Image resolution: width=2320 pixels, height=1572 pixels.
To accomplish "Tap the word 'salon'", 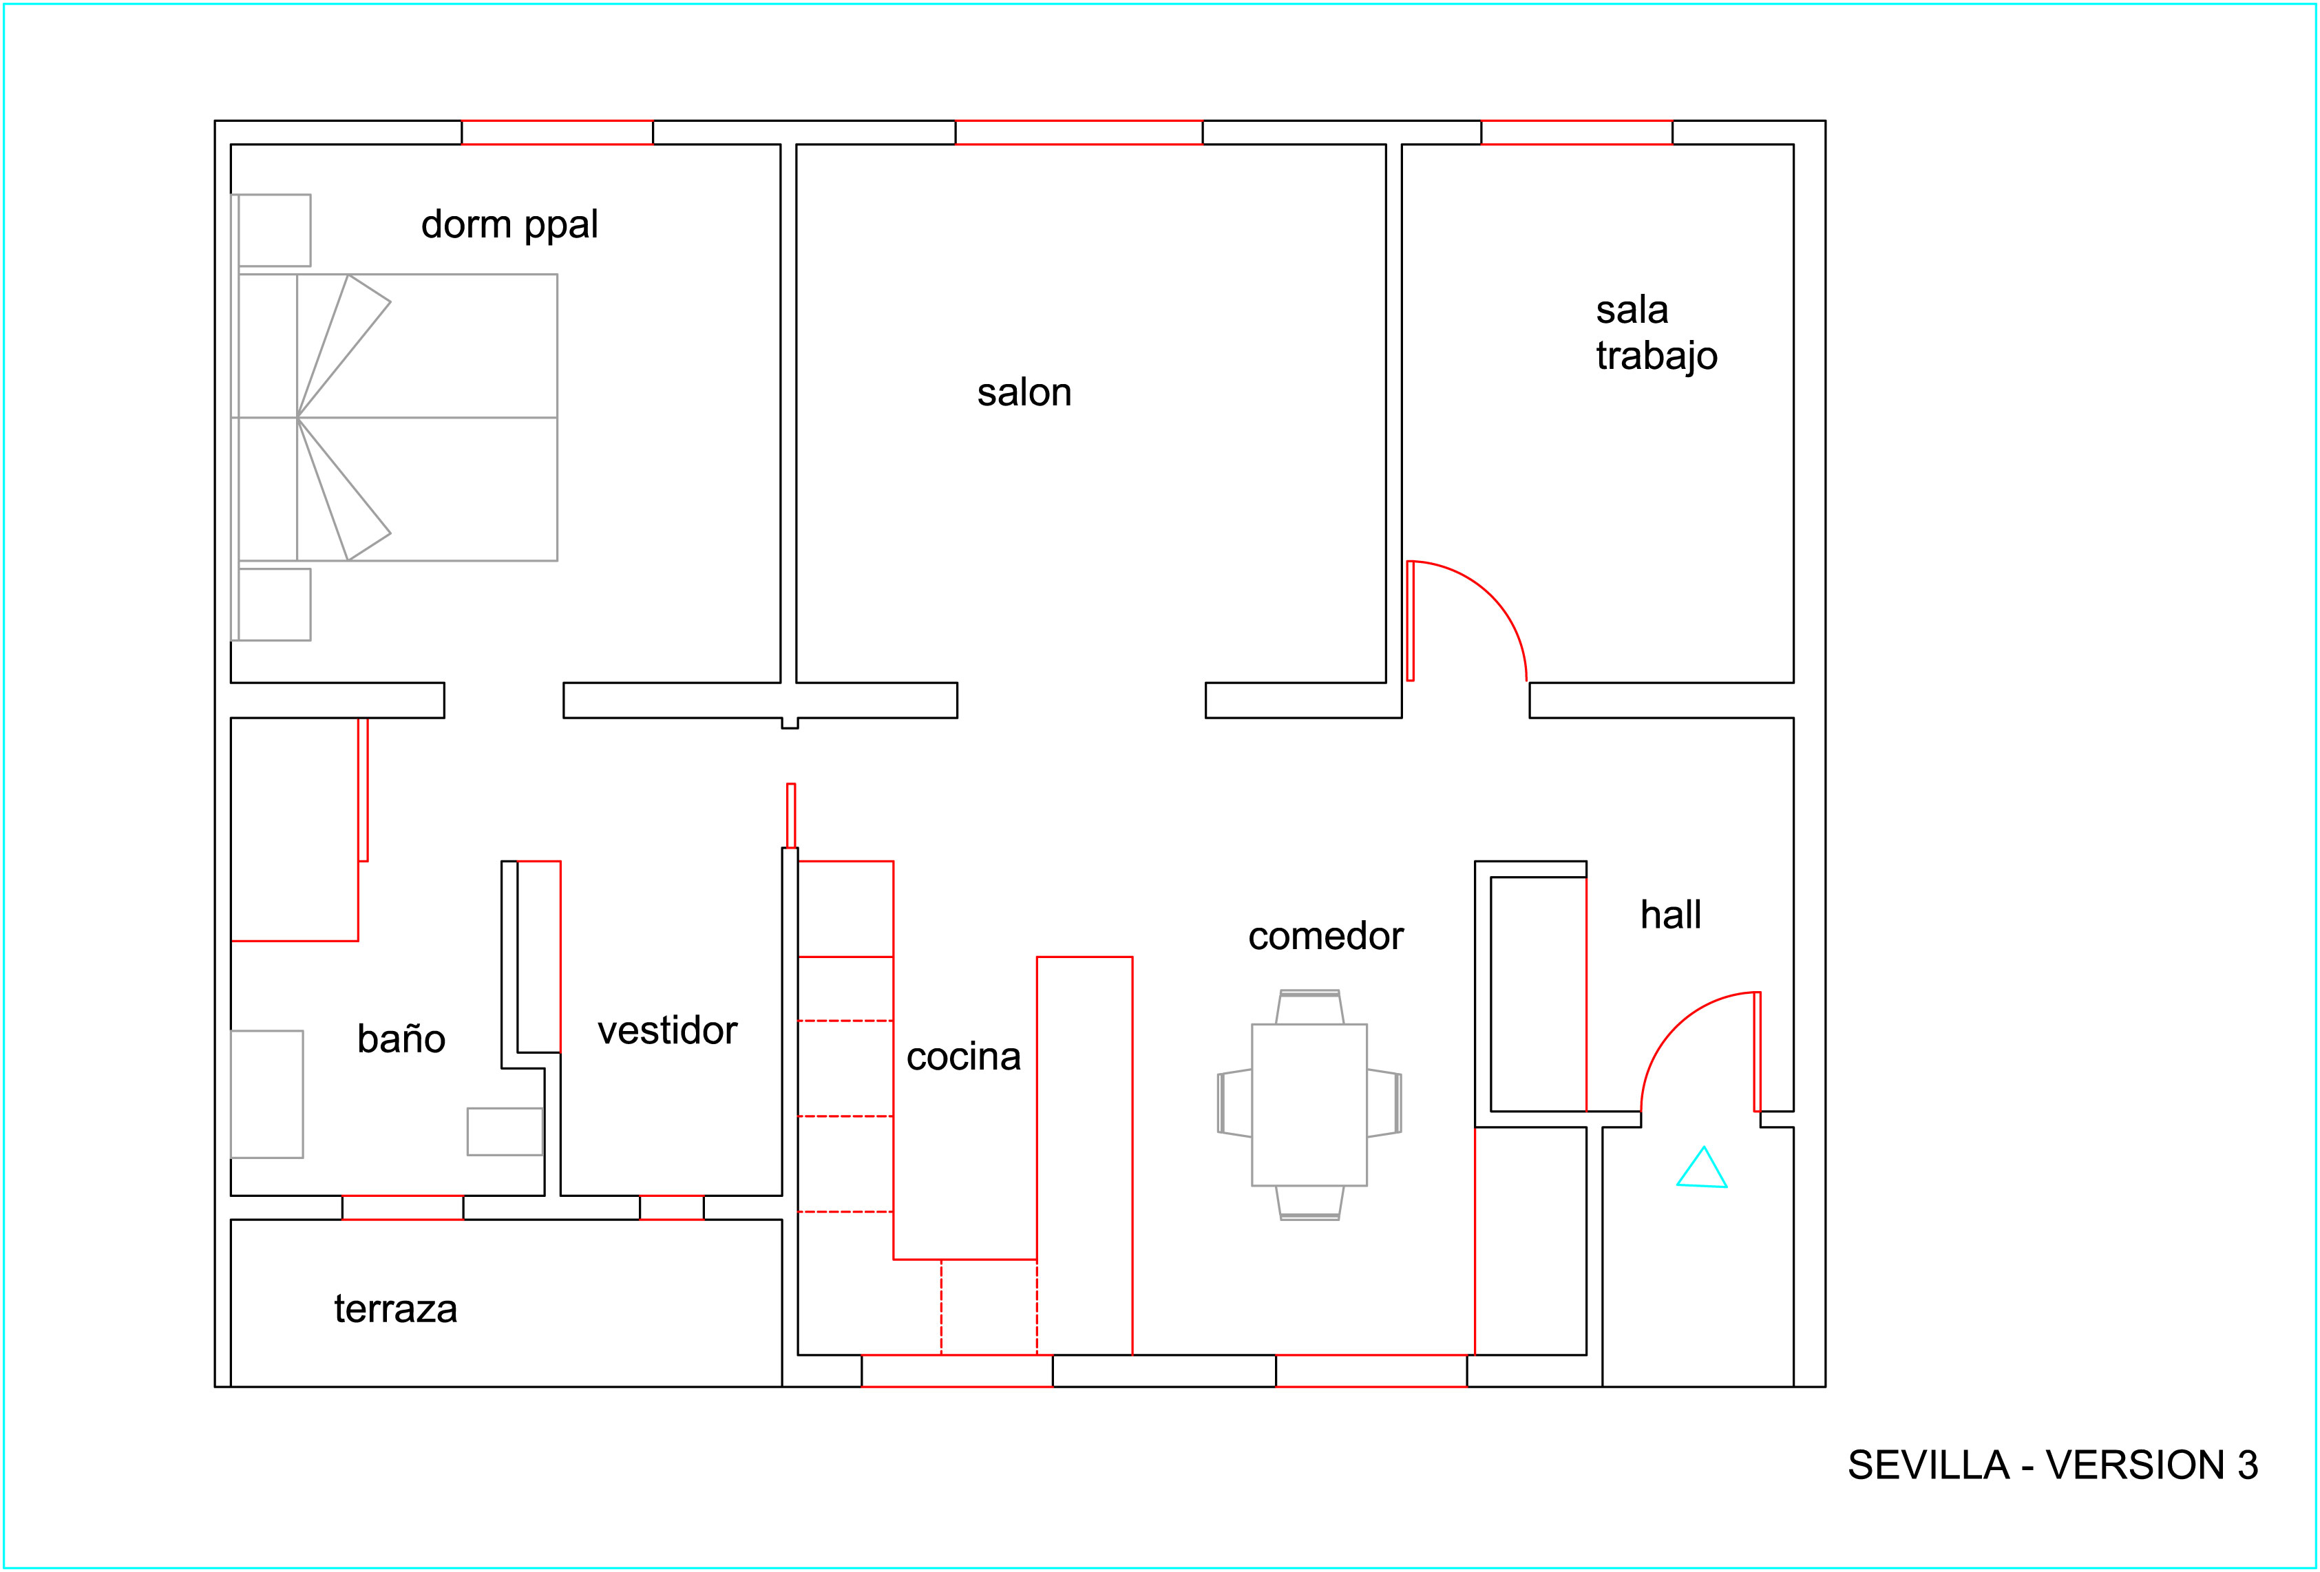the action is pyautogui.click(x=1024, y=392).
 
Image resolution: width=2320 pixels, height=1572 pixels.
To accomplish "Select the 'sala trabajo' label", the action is pyautogui.click(x=1656, y=332).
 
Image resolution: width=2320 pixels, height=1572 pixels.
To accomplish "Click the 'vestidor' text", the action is pyautogui.click(x=667, y=1030).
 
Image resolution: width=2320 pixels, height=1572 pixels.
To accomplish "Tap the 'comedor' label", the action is pyautogui.click(x=1326, y=935).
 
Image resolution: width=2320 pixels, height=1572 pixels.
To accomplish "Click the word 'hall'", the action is pyautogui.click(x=1670, y=913).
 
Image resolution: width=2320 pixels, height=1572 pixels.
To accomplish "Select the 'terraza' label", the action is pyautogui.click(x=395, y=1308).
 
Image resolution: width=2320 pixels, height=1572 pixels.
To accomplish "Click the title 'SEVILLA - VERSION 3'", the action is pyautogui.click(x=2052, y=1465).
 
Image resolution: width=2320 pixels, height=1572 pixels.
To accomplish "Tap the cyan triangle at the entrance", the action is pyautogui.click(x=1701, y=1168).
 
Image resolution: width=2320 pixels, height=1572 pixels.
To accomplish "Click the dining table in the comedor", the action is pyautogui.click(x=1309, y=1105).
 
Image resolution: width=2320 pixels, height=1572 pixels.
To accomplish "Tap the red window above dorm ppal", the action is pyautogui.click(x=557, y=133).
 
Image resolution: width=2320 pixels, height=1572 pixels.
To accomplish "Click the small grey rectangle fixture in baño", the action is pyautogui.click(x=505, y=1132).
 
